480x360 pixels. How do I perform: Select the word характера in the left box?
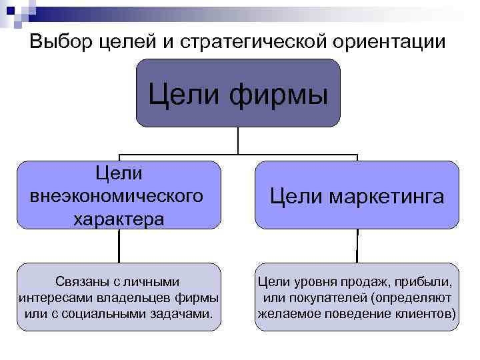click(119, 218)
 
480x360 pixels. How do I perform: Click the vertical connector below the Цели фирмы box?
click(238, 141)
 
